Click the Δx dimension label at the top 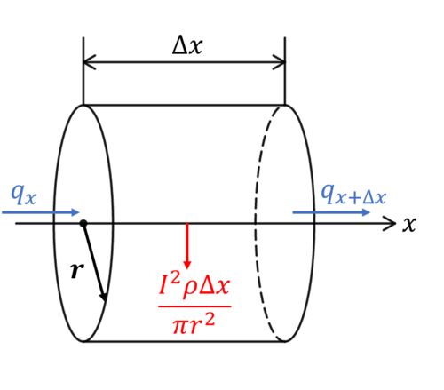pyautogui.click(x=187, y=46)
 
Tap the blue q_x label pyautogui.click(x=23, y=194)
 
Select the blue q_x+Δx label pyautogui.click(x=353, y=194)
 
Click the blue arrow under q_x pyautogui.click(x=41, y=212)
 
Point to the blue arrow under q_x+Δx pyautogui.click(x=331, y=212)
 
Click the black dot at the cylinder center pyautogui.click(x=83, y=223)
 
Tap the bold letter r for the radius pyautogui.click(x=77, y=270)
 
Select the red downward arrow pyautogui.click(x=186, y=246)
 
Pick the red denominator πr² pyautogui.click(x=194, y=323)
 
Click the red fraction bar pyautogui.click(x=194, y=306)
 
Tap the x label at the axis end pyautogui.click(x=409, y=224)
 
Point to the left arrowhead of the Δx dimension pyautogui.click(x=89, y=62)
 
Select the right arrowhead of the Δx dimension pyautogui.click(x=280, y=62)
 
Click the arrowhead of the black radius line pyautogui.click(x=104, y=296)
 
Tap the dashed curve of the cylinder pyautogui.click(x=256, y=223)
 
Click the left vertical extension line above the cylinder pyautogui.click(x=83, y=71)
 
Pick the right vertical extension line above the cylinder pyautogui.click(x=285, y=71)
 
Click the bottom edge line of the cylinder pyautogui.click(x=184, y=342)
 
